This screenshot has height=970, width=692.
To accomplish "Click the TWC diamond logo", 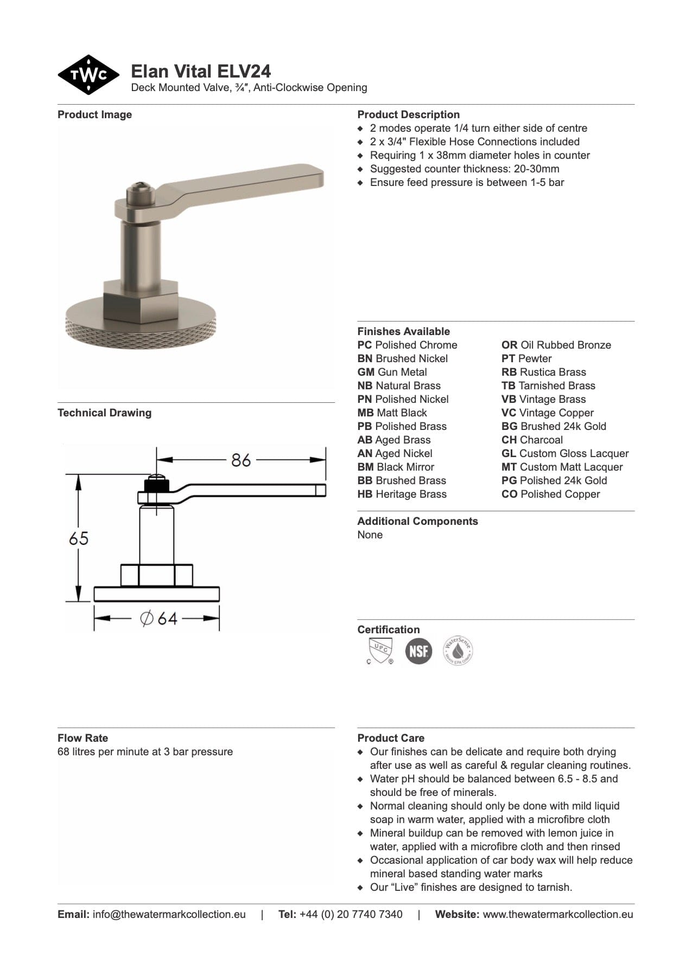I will point(88,75).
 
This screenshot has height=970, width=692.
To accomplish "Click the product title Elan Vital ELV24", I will point(201,71).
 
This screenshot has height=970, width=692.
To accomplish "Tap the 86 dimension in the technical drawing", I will point(241,460).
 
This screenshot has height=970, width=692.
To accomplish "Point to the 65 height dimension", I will point(79,538).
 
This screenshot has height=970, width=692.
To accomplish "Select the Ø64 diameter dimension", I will point(159,618).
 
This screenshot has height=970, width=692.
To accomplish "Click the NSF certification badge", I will point(418,651).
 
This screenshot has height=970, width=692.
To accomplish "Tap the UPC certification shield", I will point(379,651).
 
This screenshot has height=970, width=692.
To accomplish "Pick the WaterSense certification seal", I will point(458,651).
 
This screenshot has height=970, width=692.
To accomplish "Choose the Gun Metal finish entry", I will point(392,372).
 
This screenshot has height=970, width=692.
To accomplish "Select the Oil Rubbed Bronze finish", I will point(556,345).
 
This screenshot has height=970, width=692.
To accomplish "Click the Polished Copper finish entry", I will point(550,494).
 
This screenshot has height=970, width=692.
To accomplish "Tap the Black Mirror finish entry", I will point(396,467).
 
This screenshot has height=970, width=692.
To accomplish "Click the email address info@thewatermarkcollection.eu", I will point(169,914).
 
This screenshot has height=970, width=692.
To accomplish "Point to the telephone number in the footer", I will point(351,914).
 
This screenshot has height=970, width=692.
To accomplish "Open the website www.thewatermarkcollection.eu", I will point(557,914).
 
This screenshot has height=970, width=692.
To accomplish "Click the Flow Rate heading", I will point(82,738).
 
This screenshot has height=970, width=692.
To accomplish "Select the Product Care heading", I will point(391,738).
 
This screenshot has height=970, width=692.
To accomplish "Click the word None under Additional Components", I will point(370,535).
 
